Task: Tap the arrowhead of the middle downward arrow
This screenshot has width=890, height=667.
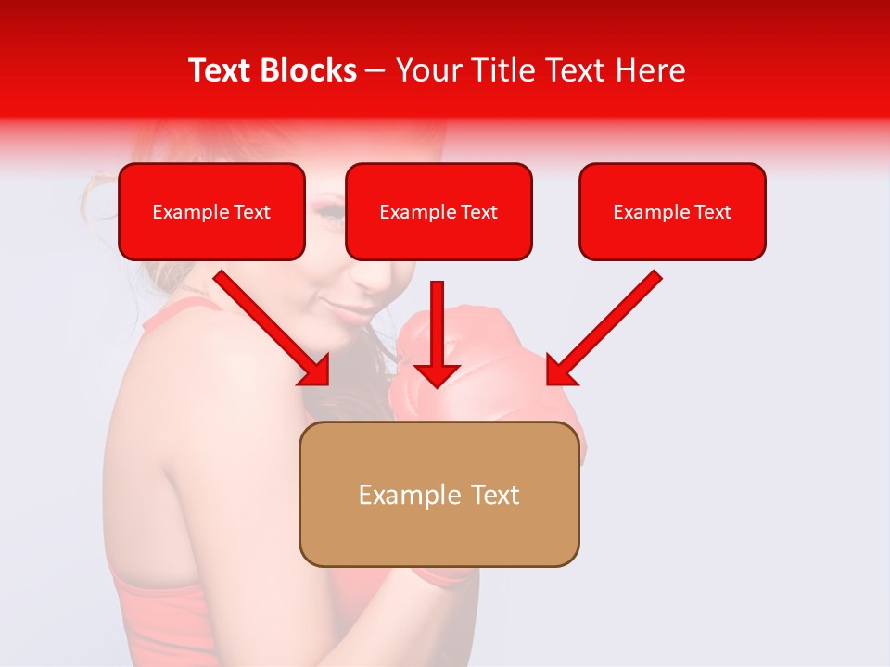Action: [x=437, y=374]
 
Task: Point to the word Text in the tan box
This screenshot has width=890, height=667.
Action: [x=495, y=495]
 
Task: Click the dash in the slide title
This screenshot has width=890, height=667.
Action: [x=375, y=71]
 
